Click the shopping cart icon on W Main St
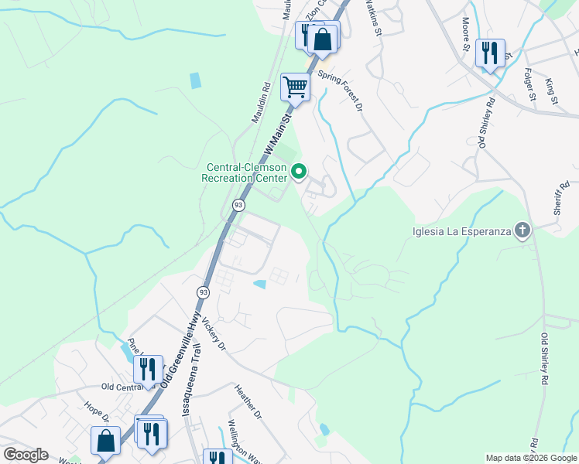click(295, 87)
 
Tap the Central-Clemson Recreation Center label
click(245, 172)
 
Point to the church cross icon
click(523, 230)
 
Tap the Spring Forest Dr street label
click(341, 91)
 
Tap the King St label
click(551, 90)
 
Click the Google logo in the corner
click(26, 455)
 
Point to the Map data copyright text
click(531, 458)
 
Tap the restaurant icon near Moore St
click(489, 53)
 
